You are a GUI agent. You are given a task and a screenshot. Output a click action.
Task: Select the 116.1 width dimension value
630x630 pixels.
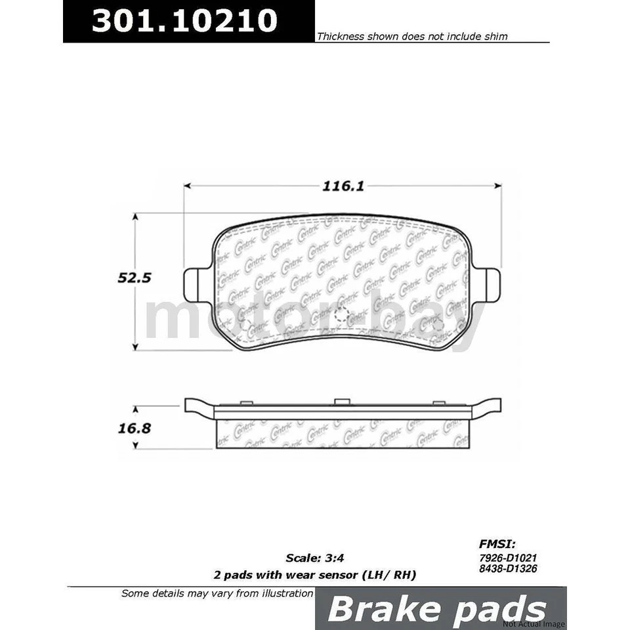click(x=343, y=186)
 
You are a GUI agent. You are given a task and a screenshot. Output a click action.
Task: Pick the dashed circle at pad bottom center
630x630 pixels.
click(x=341, y=316)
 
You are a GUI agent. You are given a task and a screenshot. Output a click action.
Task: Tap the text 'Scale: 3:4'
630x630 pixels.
click(x=314, y=559)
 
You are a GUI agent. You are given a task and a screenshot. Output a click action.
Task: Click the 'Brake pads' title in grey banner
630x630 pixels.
click(x=436, y=609)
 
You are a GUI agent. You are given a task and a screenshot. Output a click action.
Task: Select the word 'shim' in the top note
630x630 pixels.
click(x=495, y=37)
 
